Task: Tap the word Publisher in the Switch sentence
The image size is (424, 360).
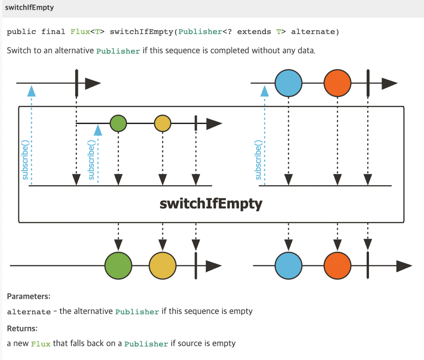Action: tap(118, 51)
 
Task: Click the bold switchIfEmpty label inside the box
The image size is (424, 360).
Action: tap(211, 204)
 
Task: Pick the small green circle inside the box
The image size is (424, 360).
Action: tap(118, 123)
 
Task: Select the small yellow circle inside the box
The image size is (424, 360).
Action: tap(162, 123)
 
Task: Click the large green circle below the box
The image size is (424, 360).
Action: tap(118, 266)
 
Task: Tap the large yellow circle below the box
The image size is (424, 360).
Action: tap(162, 266)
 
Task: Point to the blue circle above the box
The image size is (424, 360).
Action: tap(289, 83)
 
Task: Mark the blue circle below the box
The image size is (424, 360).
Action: tap(289, 266)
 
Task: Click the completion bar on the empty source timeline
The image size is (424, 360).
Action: tap(76, 83)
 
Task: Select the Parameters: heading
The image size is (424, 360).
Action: tap(28, 296)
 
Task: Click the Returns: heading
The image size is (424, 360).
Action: tap(22, 328)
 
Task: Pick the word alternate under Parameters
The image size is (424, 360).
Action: tap(28, 312)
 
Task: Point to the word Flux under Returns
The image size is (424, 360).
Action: tap(41, 344)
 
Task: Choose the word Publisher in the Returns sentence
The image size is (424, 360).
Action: tap(146, 344)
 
